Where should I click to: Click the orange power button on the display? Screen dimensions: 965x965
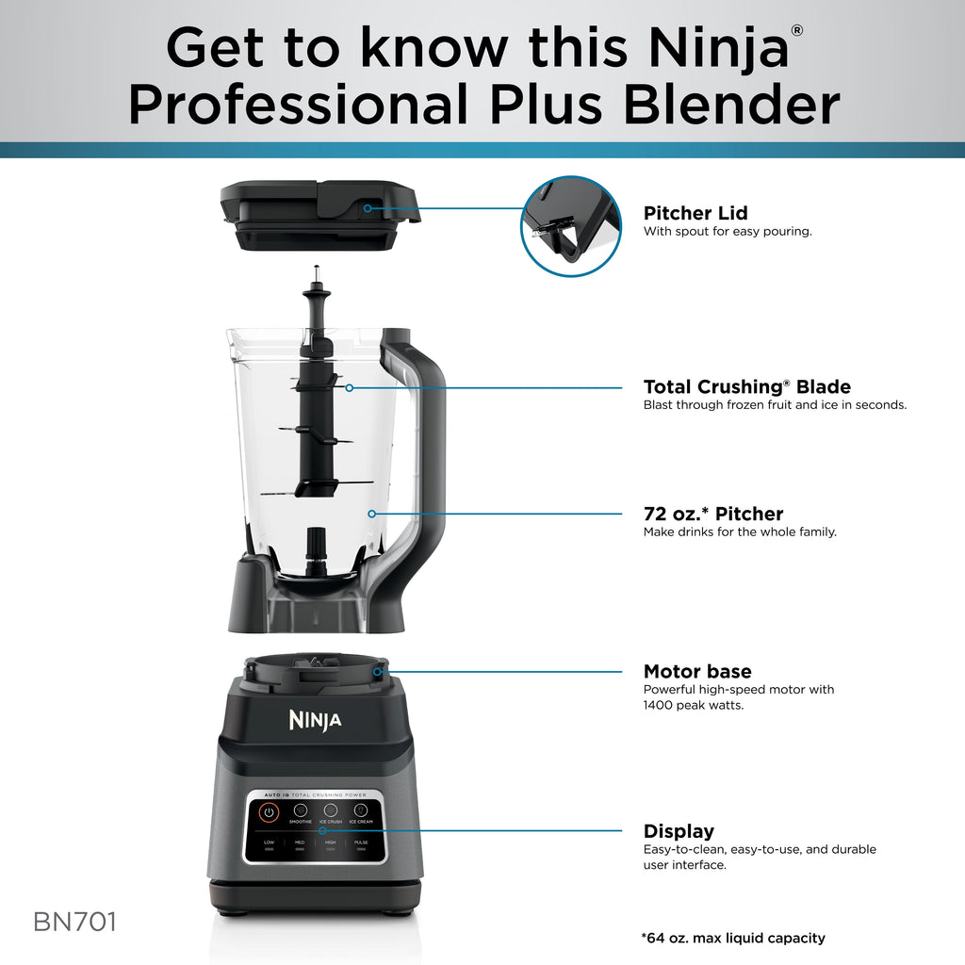pyautogui.click(x=270, y=810)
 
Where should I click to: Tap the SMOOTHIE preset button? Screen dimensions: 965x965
pyautogui.click(x=301, y=810)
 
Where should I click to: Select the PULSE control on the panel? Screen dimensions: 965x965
pyautogui.click(x=361, y=843)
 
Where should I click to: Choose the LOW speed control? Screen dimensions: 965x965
pyautogui.click(x=270, y=843)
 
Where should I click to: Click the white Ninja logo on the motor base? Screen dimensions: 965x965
pyautogui.click(x=315, y=721)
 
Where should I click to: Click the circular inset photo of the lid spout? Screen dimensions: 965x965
pyautogui.click(x=571, y=226)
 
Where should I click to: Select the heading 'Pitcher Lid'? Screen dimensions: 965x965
pyautogui.click(x=695, y=213)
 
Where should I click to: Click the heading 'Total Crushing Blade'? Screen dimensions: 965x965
pyautogui.click(x=746, y=386)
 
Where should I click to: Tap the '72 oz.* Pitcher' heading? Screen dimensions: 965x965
pyautogui.click(x=713, y=514)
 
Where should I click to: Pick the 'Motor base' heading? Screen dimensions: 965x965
pyautogui.click(x=697, y=671)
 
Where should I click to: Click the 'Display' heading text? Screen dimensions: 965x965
pyautogui.click(x=679, y=831)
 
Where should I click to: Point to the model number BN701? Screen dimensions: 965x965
pyautogui.click(x=75, y=922)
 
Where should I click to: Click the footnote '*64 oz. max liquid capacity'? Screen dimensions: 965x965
pyautogui.click(x=733, y=938)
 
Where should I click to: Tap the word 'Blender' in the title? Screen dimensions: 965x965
pyautogui.click(x=731, y=104)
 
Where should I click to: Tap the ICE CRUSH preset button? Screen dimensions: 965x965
pyautogui.click(x=331, y=810)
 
